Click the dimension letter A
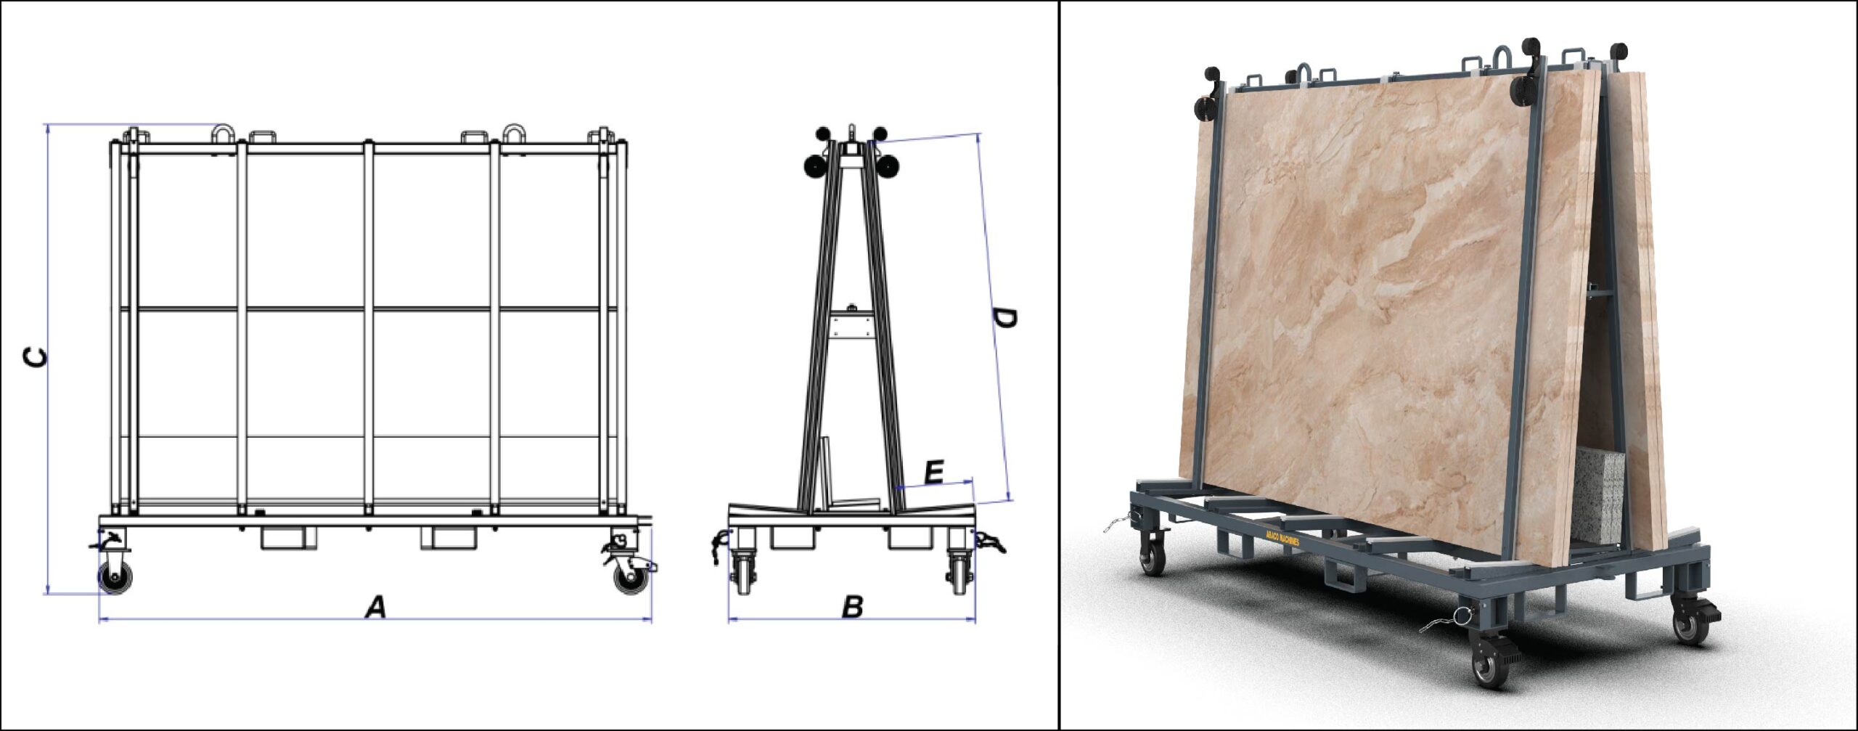click(x=375, y=606)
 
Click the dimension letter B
click(x=852, y=606)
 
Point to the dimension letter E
click(x=934, y=473)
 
